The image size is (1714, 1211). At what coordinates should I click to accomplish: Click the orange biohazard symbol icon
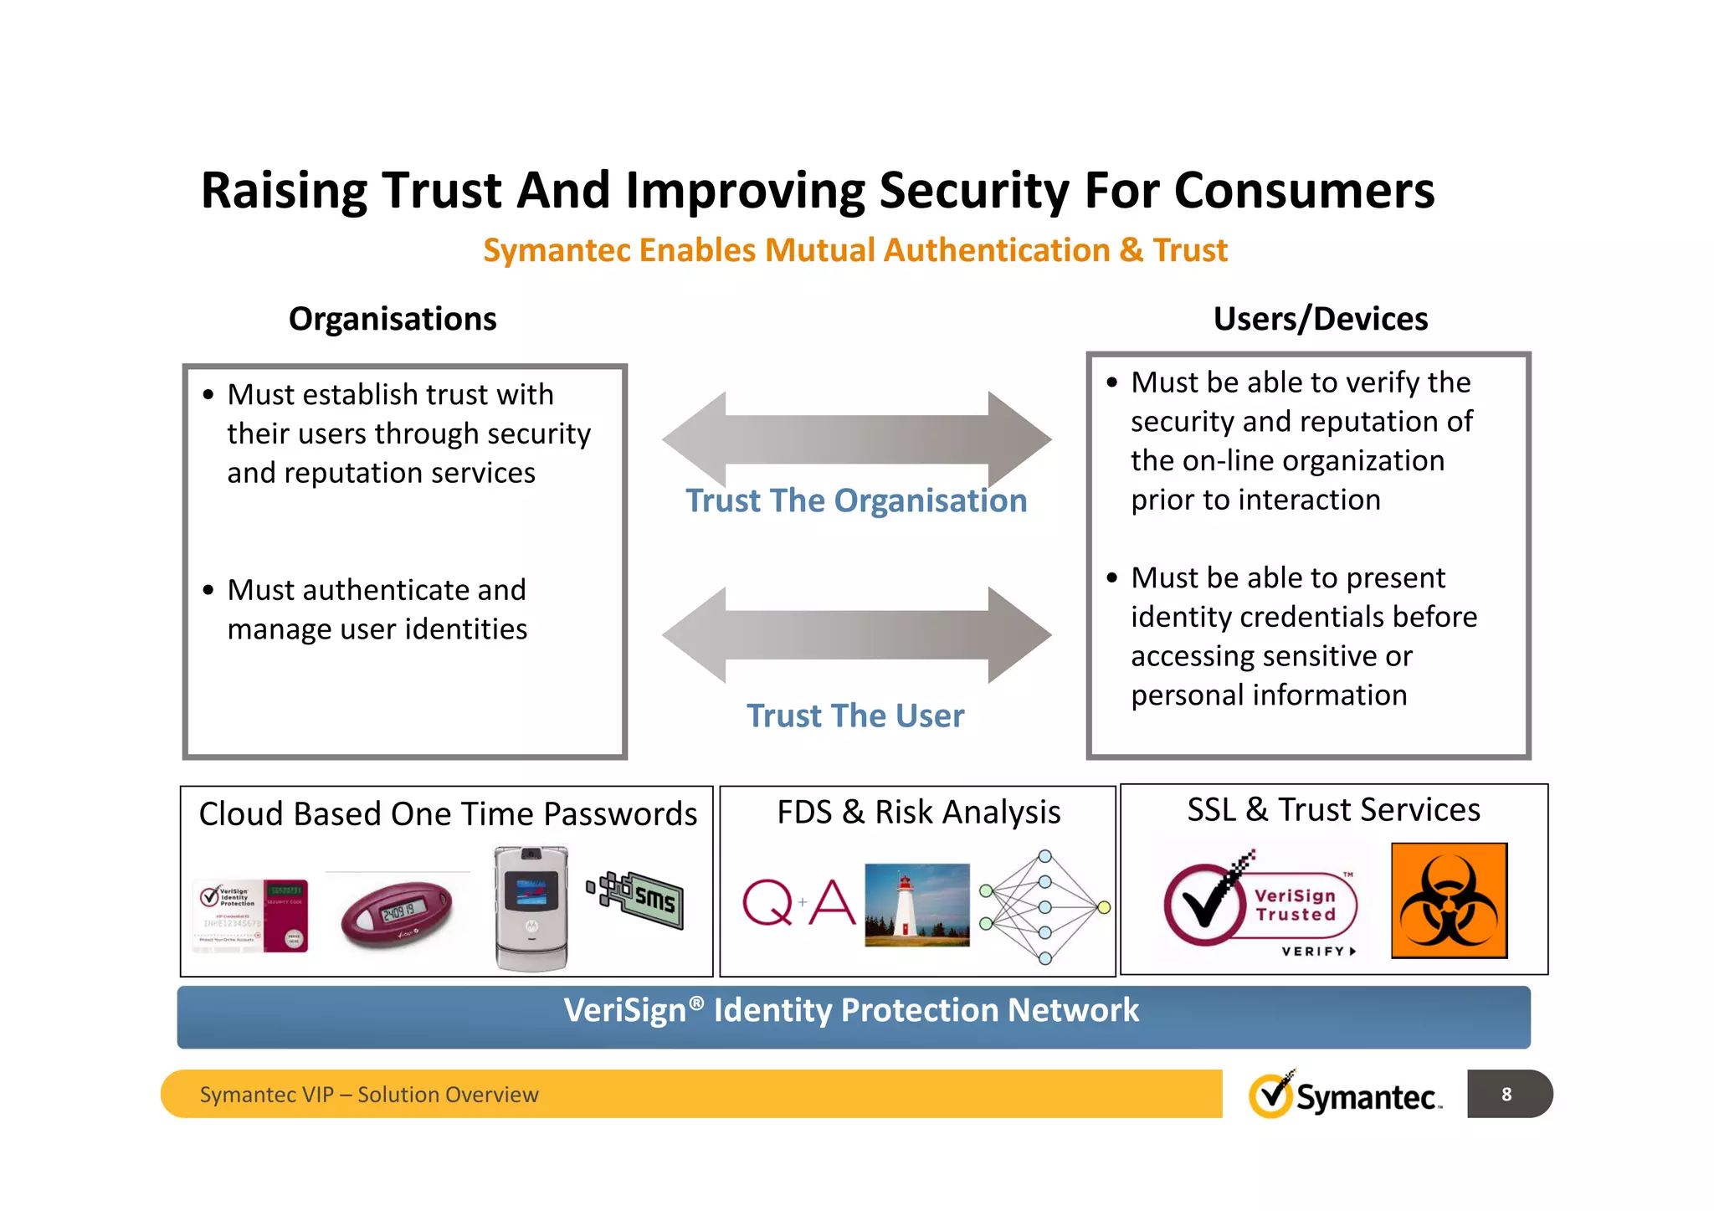[1449, 901]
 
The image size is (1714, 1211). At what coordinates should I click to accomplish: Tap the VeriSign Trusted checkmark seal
[1260, 905]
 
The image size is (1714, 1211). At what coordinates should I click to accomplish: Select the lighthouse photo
[917, 905]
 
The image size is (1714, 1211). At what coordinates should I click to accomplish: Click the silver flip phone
[531, 908]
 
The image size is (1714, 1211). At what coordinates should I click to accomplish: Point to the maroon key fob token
[396, 913]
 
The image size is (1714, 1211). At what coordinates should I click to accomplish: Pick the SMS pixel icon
[637, 900]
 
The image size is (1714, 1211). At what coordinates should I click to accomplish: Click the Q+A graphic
[798, 902]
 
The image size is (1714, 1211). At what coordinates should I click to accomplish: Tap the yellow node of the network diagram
[1104, 907]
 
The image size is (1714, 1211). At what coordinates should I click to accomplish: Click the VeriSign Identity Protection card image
[250, 916]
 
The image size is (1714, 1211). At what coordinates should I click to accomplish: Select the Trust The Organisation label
[856, 500]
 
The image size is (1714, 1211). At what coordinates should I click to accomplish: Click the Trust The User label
[855, 716]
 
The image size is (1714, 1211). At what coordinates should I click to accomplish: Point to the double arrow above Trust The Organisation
[856, 439]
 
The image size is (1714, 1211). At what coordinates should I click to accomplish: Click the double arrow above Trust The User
[856, 635]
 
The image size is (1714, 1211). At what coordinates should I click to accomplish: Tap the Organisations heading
[393, 319]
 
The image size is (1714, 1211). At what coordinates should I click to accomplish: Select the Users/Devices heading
[1320, 319]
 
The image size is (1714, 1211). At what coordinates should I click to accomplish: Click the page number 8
[1506, 1094]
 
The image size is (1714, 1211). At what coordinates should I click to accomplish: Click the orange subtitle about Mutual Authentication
[855, 250]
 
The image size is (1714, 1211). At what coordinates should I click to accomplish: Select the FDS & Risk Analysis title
[918, 812]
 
